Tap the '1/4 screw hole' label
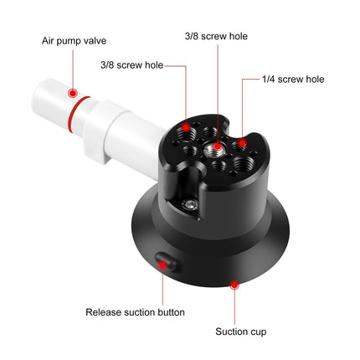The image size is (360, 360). click(294, 80)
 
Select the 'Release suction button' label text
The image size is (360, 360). click(135, 312)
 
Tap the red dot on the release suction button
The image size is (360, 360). click(165, 263)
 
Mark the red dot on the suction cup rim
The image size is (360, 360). click(234, 285)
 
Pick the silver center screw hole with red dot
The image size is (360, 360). click(218, 149)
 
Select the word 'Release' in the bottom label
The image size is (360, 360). click(105, 312)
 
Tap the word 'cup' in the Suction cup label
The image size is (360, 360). click(259, 332)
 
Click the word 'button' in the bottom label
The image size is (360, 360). click(169, 312)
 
